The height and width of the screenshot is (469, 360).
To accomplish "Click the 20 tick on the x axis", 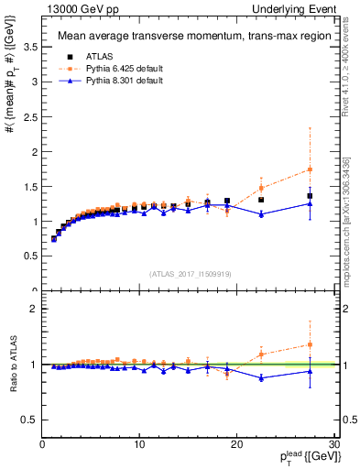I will pyautogui.click(x=237, y=444).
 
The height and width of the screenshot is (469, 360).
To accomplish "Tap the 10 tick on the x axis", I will pyautogui.click(x=139, y=444).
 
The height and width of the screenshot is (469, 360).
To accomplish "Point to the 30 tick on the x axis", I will pyautogui.click(x=334, y=444).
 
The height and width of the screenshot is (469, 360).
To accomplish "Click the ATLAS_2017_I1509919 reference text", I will pyautogui.click(x=189, y=274).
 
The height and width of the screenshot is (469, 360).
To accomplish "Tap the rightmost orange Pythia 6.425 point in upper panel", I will pyautogui.click(x=310, y=169).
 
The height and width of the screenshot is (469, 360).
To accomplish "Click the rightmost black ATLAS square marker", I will pyautogui.click(x=310, y=196).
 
